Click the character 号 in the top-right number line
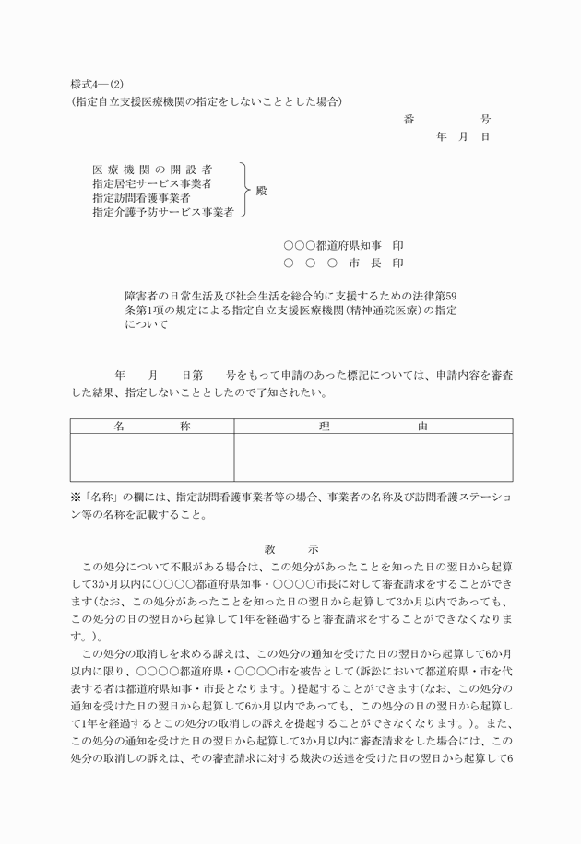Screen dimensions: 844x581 click(485, 120)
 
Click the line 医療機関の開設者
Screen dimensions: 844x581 click(152, 170)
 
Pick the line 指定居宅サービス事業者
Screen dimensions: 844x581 click(152, 184)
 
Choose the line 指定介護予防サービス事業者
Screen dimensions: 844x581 click(163, 212)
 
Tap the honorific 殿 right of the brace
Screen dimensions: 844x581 click(261, 191)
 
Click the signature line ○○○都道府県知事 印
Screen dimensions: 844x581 click(343, 246)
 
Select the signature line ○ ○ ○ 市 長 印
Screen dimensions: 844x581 click(343, 263)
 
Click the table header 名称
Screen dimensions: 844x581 click(151, 427)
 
